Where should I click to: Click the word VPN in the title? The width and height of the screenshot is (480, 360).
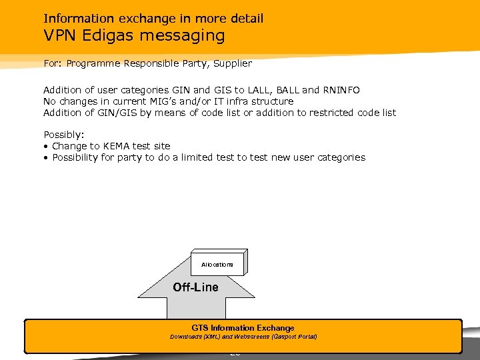click(x=59, y=35)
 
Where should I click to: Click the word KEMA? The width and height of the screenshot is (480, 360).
click(x=117, y=146)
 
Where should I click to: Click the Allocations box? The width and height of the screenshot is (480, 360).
click(x=217, y=265)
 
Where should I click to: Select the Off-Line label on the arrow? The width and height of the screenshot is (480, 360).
click(x=195, y=287)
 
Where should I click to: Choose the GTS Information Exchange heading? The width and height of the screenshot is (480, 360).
click(x=243, y=328)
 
